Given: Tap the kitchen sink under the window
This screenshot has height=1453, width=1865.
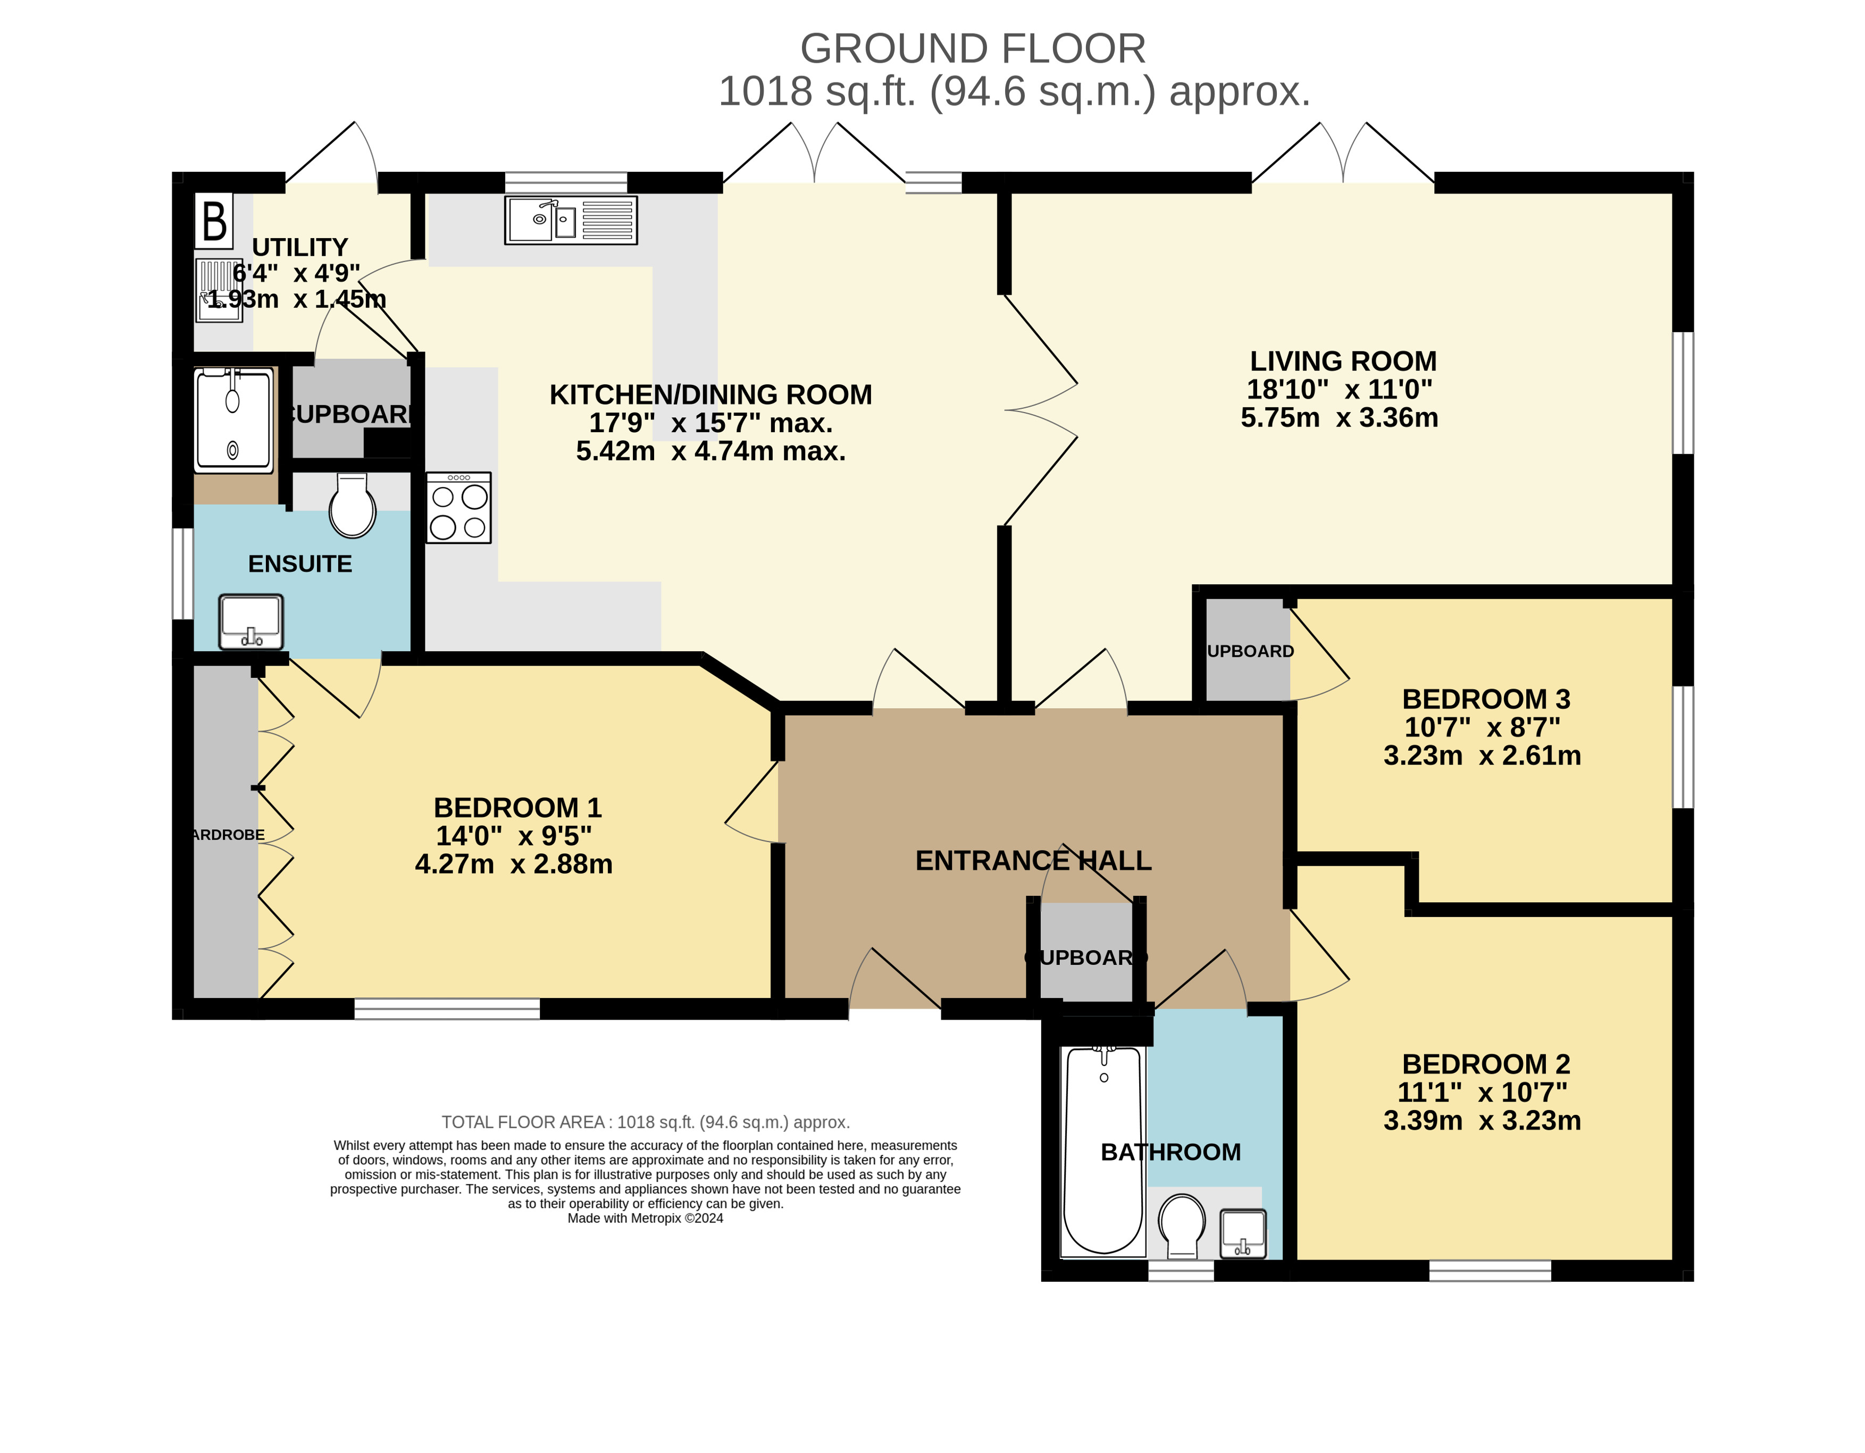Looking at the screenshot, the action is (x=571, y=220).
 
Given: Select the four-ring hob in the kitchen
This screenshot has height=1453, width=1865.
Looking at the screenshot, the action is (x=458, y=508).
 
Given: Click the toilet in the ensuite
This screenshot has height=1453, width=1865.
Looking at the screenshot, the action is (x=353, y=506).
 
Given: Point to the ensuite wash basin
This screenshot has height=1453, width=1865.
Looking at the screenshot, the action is (x=251, y=621).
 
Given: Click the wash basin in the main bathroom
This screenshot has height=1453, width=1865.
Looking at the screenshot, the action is (x=1243, y=1233).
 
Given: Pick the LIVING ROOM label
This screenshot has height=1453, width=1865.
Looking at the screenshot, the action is (x=1343, y=361).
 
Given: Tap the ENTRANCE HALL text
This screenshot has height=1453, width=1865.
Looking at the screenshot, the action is (x=1033, y=861).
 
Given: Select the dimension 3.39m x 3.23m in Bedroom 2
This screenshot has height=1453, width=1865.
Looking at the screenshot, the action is (x=1483, y=1120).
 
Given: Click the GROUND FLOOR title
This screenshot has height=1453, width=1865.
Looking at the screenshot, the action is (x=973, y=49).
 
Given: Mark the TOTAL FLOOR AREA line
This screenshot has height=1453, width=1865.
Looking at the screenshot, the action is (x=646, y=1123).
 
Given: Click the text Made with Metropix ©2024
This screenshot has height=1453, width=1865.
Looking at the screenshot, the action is (x=646, y=1218).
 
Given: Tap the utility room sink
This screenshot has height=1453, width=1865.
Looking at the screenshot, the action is (x=220, y=290).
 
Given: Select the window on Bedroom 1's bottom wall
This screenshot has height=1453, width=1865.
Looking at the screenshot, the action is (x=447, y=1009).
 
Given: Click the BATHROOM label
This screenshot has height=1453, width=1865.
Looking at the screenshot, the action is (x=1171, y=1153).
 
